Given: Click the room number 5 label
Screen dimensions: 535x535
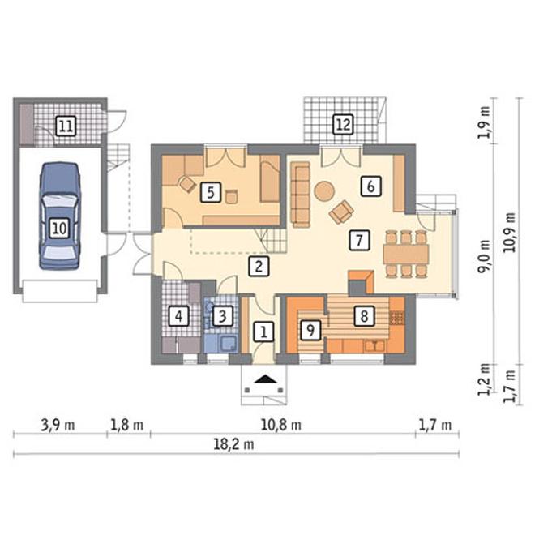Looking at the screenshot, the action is tap(211, 192).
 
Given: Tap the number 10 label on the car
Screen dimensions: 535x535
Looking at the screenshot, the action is tap(59, 228).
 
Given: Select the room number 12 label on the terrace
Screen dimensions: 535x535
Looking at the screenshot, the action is tap(343, 125).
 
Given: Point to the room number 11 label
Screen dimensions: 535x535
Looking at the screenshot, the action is tap(66, 126).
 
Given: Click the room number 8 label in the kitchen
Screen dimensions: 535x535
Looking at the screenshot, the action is tap(364, 316).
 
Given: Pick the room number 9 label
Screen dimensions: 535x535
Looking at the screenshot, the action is tap(310, 330).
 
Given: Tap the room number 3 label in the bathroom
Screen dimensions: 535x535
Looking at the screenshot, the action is tap(223, 316).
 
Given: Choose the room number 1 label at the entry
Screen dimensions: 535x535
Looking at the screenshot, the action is tap(263, 332).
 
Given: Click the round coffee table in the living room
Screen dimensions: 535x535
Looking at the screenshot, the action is tap(324, 191).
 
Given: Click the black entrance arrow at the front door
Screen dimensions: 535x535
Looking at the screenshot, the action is tap(264, 379).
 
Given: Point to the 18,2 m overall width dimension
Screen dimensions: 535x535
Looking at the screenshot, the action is tap(233, 444).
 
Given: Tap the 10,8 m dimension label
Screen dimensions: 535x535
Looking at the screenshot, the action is tap(280, 425).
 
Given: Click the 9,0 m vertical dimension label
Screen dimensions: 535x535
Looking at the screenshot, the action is tap(485, 257).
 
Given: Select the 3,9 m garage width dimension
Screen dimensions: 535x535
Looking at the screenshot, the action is tap(58, 425).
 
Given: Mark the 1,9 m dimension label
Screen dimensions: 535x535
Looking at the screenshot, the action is tap(485, 122).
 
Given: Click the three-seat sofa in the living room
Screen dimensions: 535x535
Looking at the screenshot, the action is tap(300, 195).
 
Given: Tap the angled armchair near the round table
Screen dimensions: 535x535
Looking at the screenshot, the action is tap(341, 212).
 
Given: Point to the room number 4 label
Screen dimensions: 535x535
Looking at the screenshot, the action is tap(179, 316).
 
